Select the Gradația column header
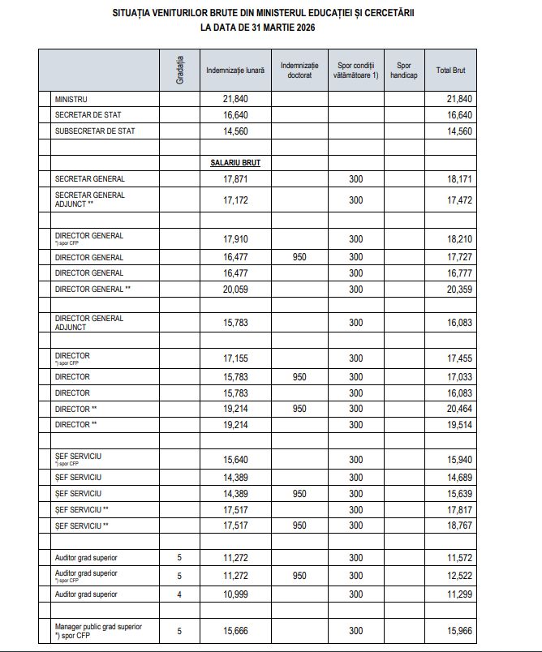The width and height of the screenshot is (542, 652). coord(179,71)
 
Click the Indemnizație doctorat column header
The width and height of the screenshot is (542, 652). coord(299,71)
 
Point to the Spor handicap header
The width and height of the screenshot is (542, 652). coord(404,71)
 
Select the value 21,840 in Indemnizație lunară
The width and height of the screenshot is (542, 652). coord(234,98)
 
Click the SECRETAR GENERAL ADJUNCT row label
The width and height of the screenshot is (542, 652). coord(89,199)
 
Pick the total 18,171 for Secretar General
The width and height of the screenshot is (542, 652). coord(459,178)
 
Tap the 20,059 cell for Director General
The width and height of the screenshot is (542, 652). coord(234,289)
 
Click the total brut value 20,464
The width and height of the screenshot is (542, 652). coord(459,409)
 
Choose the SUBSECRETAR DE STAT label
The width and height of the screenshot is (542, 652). coord(94,131)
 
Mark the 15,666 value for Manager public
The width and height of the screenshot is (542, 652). coord(234,631)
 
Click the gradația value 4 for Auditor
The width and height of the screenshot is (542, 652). coord(179,594)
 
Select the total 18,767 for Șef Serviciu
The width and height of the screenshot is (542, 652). coord(459,525)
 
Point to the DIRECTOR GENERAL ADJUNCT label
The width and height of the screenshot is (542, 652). coord(89,323)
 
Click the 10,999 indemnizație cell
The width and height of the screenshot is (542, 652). coord(234,594)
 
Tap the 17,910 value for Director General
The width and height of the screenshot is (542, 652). coord(234,239)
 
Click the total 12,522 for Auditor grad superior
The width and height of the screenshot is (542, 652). coord(459,576)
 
